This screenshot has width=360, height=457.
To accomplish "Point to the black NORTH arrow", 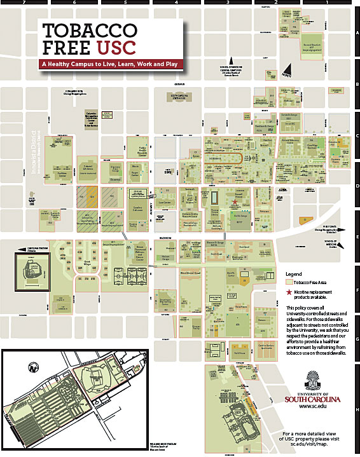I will [x=287, y=69].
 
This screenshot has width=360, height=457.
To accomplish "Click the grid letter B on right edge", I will [x=357, y=83].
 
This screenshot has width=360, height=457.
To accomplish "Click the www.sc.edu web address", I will [x=314, y=405].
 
